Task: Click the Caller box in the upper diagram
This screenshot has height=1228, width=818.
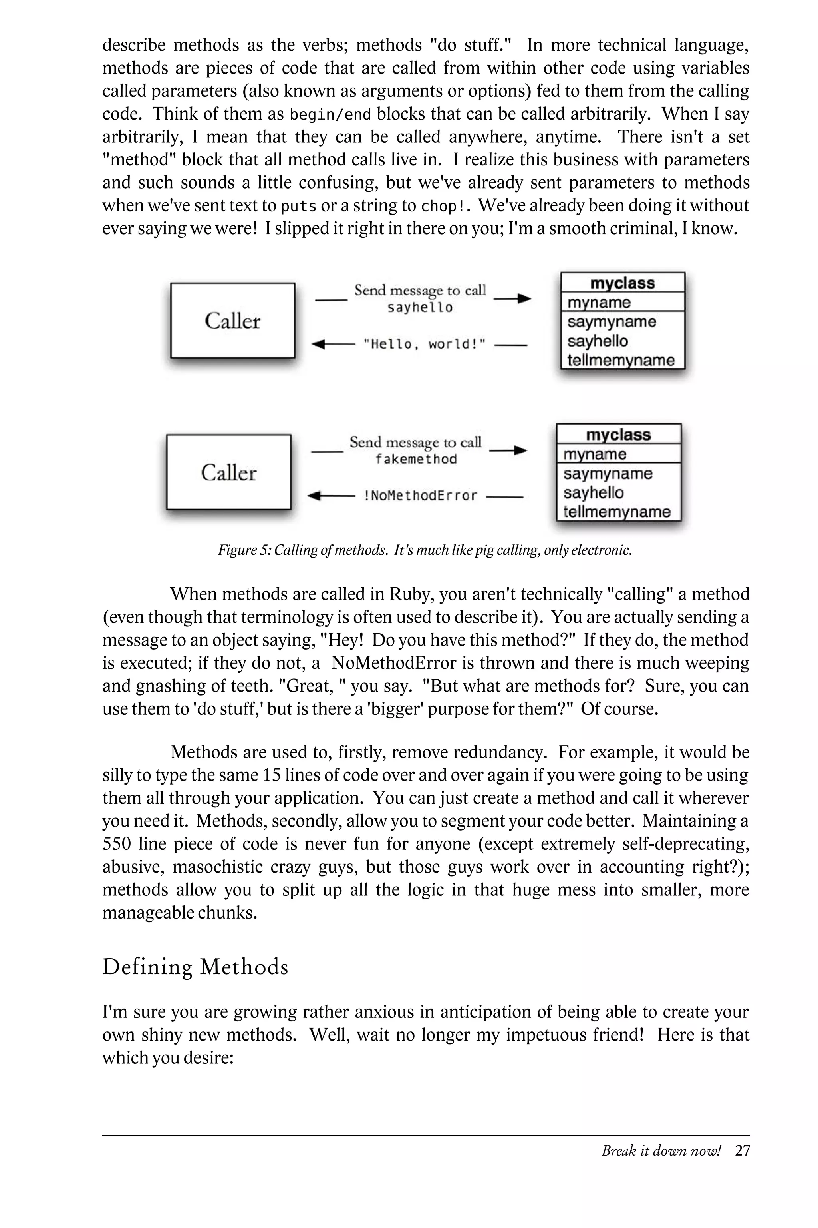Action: click(x=233, y=321)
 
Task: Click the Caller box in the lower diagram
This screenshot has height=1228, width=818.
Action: click(x=228, y=472)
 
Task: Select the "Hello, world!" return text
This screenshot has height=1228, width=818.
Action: click(x=424, y=344)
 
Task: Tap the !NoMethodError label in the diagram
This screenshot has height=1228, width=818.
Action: click(x=420, y=496)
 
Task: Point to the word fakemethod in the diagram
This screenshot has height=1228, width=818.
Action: click(x=416, y=459)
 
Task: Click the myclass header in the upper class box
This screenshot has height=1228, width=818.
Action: click(x=622, y=283)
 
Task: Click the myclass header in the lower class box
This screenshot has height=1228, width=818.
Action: click(x=618, y=435)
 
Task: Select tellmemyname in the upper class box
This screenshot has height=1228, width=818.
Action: click(x=621, y=360)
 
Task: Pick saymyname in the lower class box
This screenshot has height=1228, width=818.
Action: click(x=608, y=474)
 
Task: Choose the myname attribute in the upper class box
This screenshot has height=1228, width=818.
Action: click(x=599, y=302)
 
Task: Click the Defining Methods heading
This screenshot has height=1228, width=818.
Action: click(x=195, y=967)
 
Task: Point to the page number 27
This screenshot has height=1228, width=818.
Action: click(x=742, y=1150)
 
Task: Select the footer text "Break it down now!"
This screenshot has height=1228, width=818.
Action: click(x=661, y=1150)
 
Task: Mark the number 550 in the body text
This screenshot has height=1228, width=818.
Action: click(x=116, y=844)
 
